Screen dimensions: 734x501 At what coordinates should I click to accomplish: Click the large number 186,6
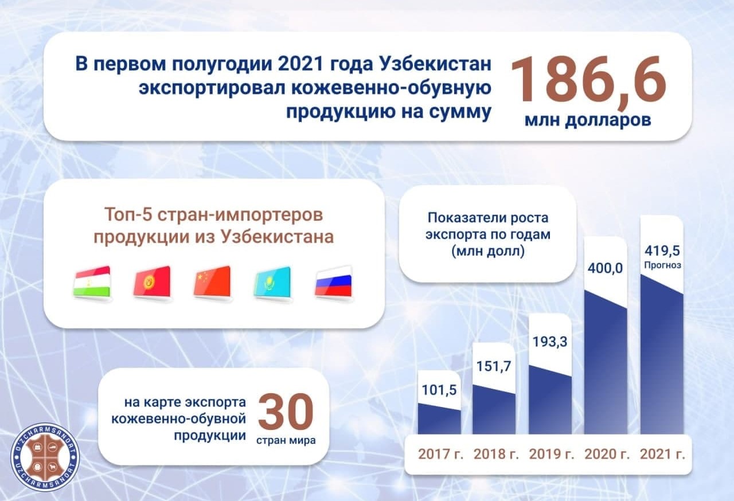pyautogui.click(x=588, y=80)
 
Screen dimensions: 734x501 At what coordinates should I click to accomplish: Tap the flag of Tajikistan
pyautogui.click(x=92, y=283)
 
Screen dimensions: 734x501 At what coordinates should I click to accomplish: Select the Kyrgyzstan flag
pyautogui.click(x=152, y=283)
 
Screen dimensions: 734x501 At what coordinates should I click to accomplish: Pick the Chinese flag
pyautogui.click(x=212, y=283)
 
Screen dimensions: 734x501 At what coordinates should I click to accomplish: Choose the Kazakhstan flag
pyautogui.click(x=272, y=283)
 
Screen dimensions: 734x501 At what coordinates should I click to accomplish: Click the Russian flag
pyautogui.click(x=334, y=283)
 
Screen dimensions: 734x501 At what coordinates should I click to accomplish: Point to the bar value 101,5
pyautogui.click(x=439, y=390)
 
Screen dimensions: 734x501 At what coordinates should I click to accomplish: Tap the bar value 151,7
pyautogui.click(x=494, y=366)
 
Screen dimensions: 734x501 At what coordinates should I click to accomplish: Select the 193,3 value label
pyautogui.click(x=550, y=342)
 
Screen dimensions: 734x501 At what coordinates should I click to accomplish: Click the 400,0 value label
pyautogui.click(x=605, y=268)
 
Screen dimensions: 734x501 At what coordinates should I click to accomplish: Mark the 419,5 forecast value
pyautogui.click(x=662, y=251)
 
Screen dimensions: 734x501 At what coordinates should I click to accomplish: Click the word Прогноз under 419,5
pyautogui.click(x=662, y=265)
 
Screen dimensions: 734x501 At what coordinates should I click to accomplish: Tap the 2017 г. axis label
pyautogui.click(x=440, y=454)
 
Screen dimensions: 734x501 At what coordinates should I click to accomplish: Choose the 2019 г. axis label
pyautogui.click(x=552, y=454)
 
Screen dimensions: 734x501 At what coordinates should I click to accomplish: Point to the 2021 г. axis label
pyautogui.click(x=662, y=454)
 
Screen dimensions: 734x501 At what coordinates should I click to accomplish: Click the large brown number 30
pyautogui.click(x=286, y=412)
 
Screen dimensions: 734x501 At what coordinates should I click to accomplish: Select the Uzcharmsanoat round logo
pyautogui.click(x=45, y=457)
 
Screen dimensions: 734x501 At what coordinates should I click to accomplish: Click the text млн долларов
pyautogui.click(x=588, y=120)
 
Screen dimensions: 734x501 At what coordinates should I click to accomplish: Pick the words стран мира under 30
pyautogui.click(x=286, y=440)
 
